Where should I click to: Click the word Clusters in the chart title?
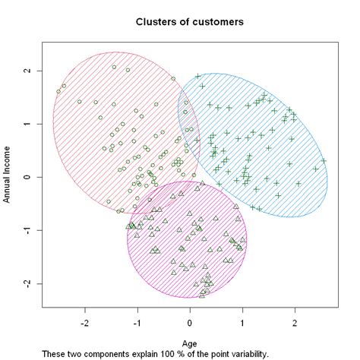[154, 22]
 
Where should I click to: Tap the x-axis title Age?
[190, 343]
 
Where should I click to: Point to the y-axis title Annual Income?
[8, 176]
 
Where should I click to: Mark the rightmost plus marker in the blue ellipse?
[323, 160]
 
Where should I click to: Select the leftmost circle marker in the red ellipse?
[58, 92]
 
